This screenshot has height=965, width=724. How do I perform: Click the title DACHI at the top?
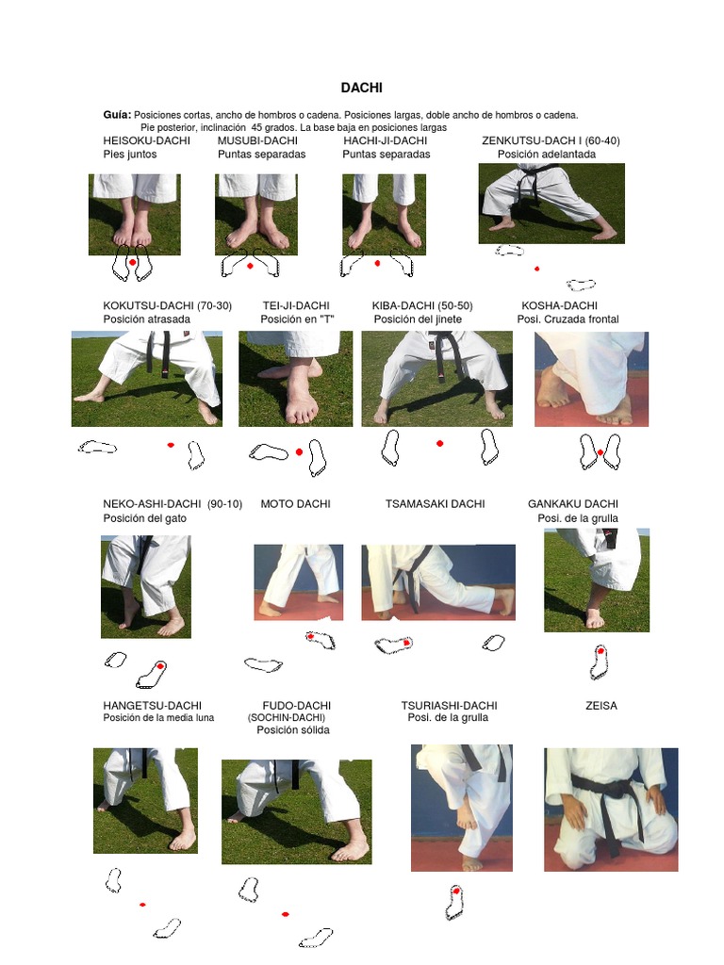pyautogui.click(x=361, y=88)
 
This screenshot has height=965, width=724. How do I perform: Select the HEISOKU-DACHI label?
pyautogui.click(x=146, y=140)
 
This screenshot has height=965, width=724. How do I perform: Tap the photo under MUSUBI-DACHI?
pyautogui.click(x=256, y=214)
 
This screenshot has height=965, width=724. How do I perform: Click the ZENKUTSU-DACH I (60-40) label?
pyautogui.click(x=551, y=140)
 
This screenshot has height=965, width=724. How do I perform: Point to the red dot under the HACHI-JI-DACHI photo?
pyautogui.click(x=377, y=264)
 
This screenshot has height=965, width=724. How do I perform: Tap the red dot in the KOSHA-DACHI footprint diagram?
pyautogui.click(x=601, y=453)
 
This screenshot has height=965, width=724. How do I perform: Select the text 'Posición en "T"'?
pyautogui.click(x=298, y=319)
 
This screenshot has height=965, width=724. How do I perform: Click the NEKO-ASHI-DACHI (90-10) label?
pyautogui.click(x=172, y=504)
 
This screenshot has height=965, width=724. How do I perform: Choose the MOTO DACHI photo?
pyautogui.click(x=298, y=581)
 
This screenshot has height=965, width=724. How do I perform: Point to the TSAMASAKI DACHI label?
pyautogui.click(x=435, y=504)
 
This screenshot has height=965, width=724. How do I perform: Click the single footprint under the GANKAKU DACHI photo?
pyautogui.click(x=599, y=662)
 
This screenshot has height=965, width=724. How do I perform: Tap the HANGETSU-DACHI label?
pyautogui.click(x=152, y=705)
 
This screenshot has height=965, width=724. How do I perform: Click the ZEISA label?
pyautogui.click(x=601, y=705)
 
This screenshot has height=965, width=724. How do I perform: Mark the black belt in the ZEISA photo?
pyautogui.click(x=611, y=801)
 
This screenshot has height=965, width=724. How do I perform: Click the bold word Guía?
pyautogui.click(x=117, y=114)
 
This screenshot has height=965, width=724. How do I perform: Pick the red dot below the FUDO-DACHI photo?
pyautogui.click(x=285, y=913)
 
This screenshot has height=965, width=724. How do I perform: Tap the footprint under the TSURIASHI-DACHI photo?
pyautogui.click(x=454, y=902)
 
